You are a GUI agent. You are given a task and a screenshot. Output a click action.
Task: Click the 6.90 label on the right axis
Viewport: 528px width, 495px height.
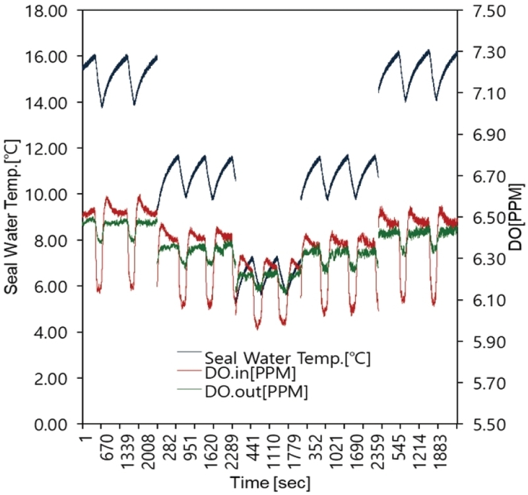tap(489, 135)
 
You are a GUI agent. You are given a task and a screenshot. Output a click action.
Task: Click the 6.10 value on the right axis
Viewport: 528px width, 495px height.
tap(489, 300)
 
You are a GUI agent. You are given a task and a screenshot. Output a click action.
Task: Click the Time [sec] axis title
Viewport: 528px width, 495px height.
tap(270, 483)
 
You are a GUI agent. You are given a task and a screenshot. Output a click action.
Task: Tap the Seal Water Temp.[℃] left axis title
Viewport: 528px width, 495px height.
tap(12, 217)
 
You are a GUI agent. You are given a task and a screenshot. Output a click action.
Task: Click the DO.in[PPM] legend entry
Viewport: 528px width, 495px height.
tap(250, 373)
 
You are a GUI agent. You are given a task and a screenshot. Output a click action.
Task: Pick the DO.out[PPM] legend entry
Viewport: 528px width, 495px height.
tap(256, 392)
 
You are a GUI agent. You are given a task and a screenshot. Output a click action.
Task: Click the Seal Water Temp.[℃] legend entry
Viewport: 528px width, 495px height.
tap(288, 358)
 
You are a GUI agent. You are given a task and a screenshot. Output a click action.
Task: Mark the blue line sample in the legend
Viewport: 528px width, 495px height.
tap(189, 352)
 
